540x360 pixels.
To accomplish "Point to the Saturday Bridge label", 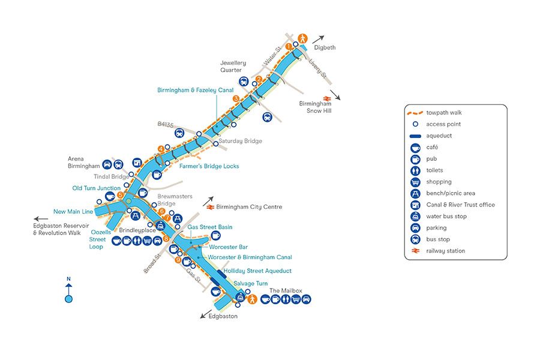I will coord(240,141).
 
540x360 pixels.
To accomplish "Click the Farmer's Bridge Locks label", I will coord(209,166).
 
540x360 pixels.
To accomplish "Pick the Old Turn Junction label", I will coord(96,188).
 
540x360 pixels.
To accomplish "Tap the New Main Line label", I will coord(73,211).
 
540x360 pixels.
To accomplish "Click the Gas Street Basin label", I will coord(209,227).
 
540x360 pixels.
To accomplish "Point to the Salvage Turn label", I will coord(250,283).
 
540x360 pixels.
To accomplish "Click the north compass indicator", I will coord(68,291).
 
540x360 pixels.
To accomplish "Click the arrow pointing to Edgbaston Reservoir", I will coord(41,219).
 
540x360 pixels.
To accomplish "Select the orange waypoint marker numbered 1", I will coord(289,46).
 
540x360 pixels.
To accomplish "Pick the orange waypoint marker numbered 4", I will coord(161,149).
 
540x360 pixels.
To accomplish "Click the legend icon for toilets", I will coord(415,170).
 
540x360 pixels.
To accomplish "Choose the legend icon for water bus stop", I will coord(415,216).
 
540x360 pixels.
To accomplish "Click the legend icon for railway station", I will coord(415,251).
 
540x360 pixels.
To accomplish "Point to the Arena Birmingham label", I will coord(83,162).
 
